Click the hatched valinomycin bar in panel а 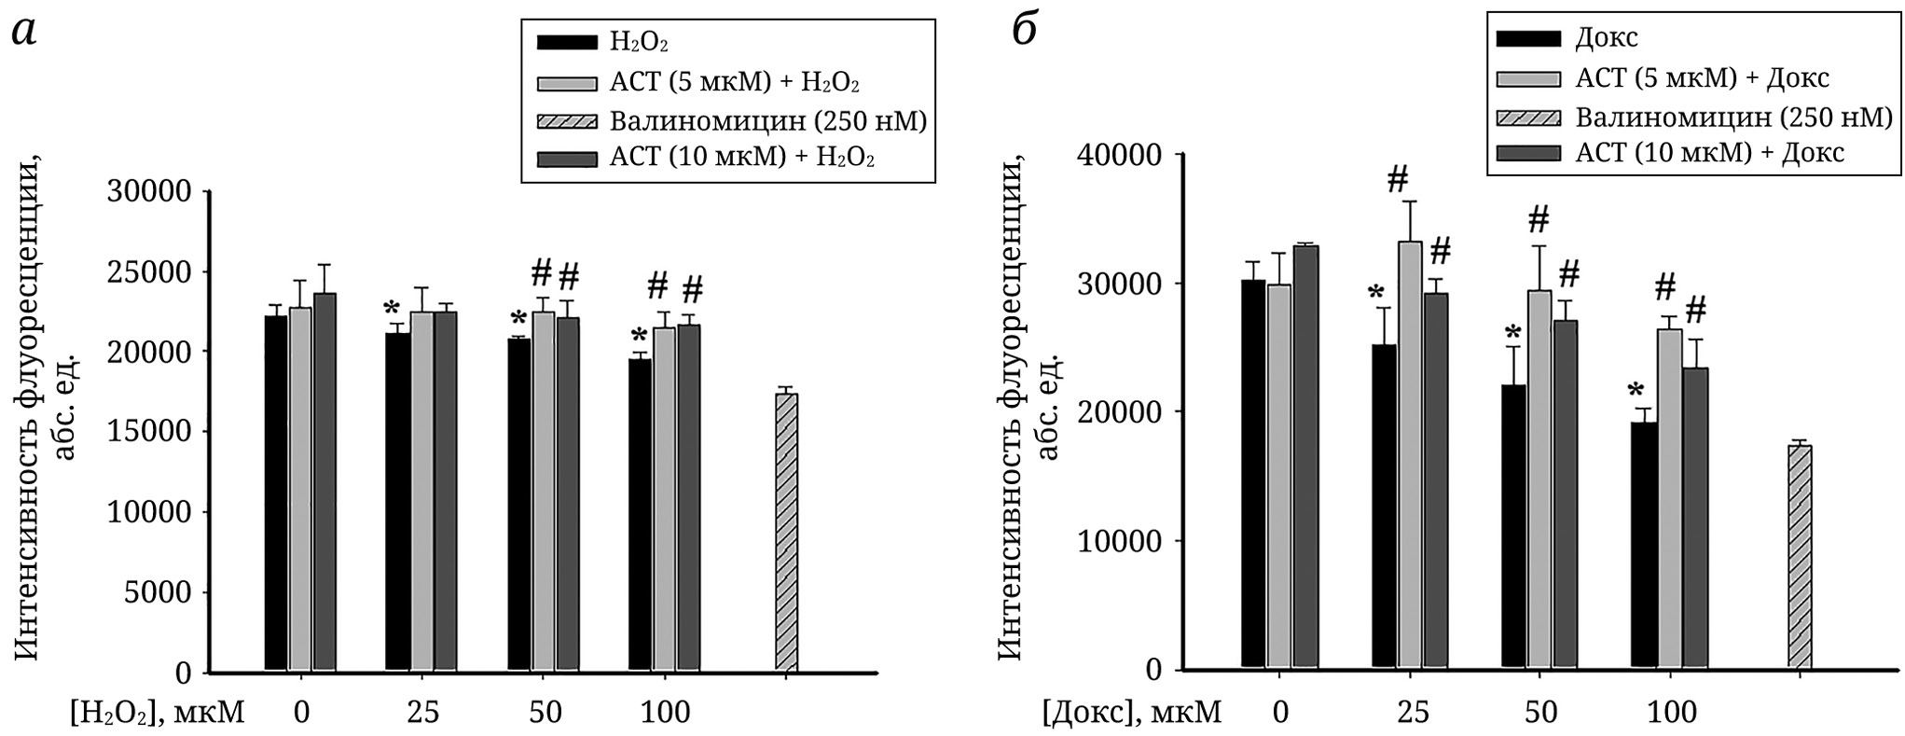pyautogui.click(x=786, y=532)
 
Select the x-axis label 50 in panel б pyautogui.click(x=1539, y=713)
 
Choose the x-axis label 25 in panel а pyautogui.click(x=422, y=713)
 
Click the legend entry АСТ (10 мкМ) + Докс pyautogui.click(x=1709, y=153)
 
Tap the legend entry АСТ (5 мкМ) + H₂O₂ pyautogui.click(x=734, y=82)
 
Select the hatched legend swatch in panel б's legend pyautogui.click(x=1527, y=117)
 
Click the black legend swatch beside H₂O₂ pyautogui.click(x=567, y=43)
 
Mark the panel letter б pyautogui.click(x=1027, y=33)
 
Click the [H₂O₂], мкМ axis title pyautogui.click(x=157, y=713)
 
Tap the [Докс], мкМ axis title pyautogui.click(x=1131, y=713)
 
